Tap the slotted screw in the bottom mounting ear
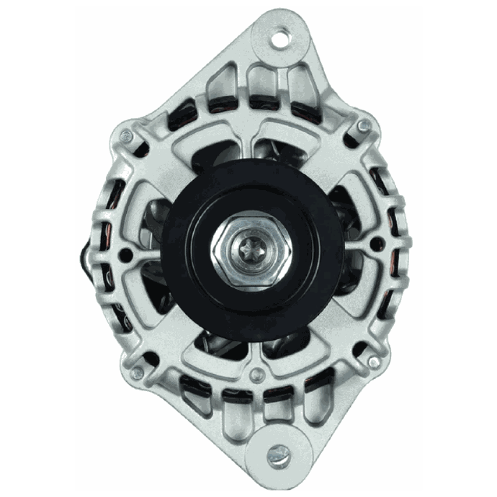pyautogui.click(x=280, y=454)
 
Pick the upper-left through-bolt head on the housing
pyautogui.click(x=127, y=134)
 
